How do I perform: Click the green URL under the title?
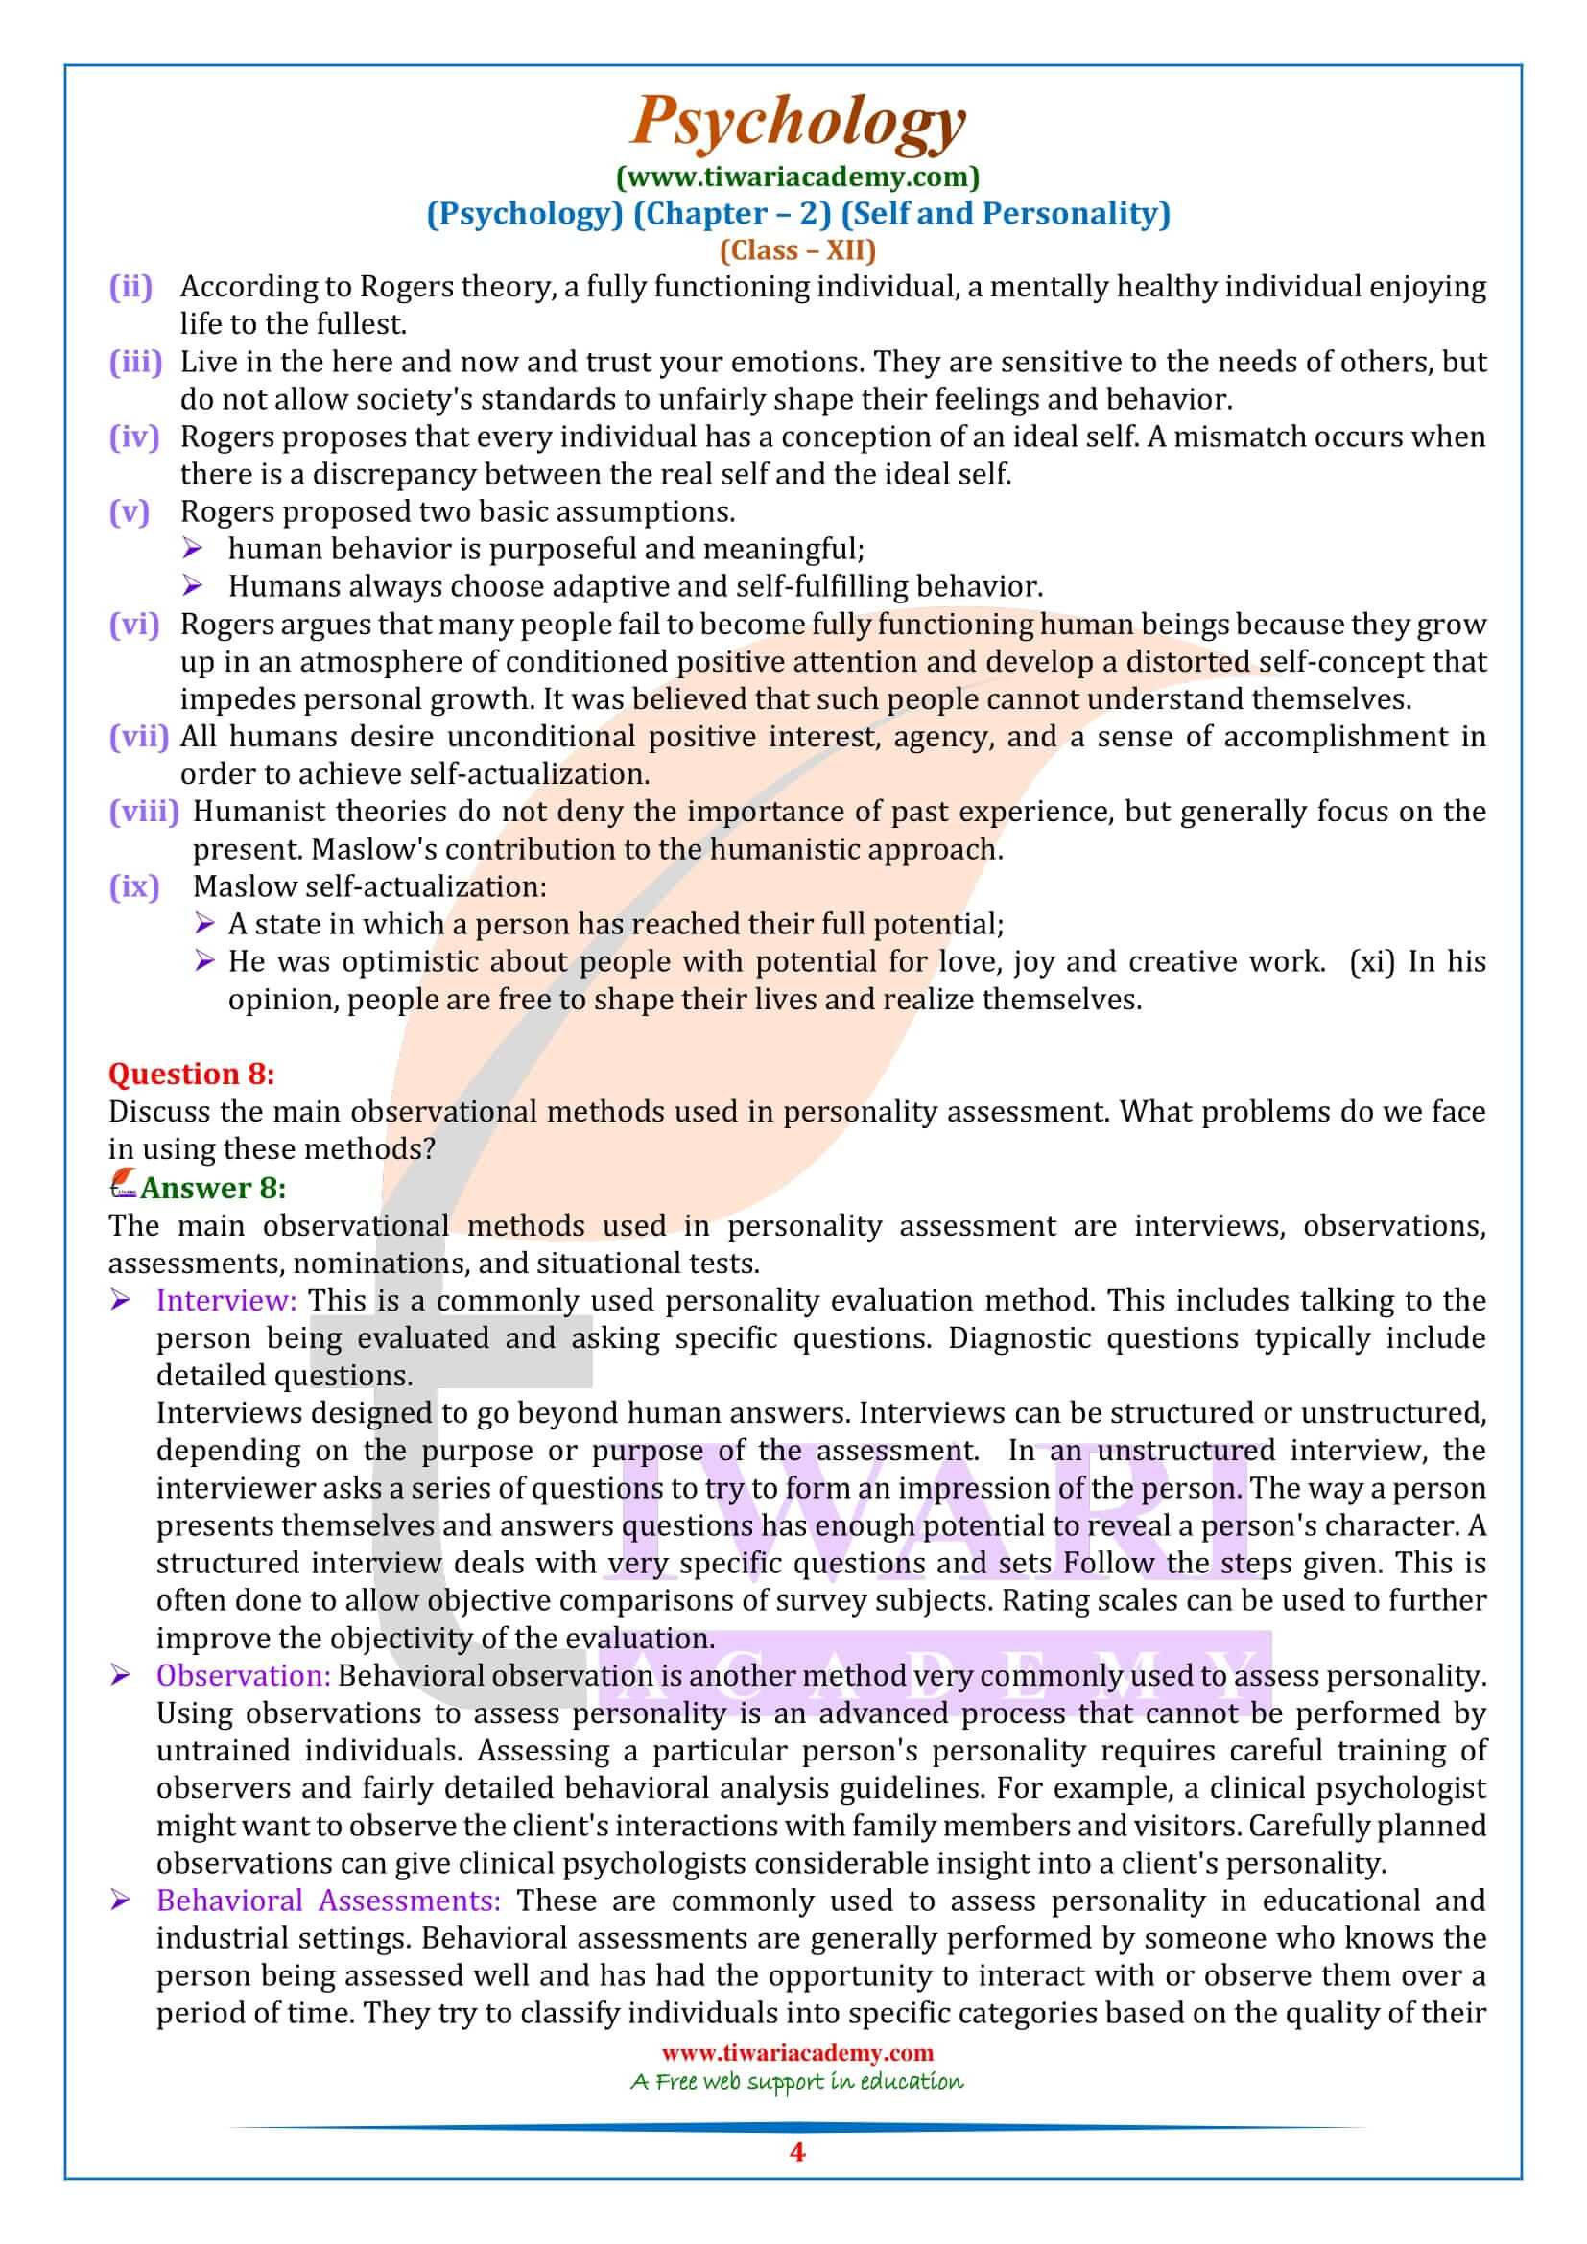point(797,177)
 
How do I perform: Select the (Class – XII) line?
point(797,250)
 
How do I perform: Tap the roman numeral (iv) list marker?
point(134,437)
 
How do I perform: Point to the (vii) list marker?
point(139,737)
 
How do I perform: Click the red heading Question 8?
point(192,1075)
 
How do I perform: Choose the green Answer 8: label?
point(213,1189)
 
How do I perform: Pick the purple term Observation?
point(244,1676)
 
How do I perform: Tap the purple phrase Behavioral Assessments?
point(328,1901)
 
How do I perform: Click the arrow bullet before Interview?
point(121,1301)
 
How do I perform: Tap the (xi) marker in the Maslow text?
point(1372,961)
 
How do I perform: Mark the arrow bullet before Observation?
point(121,1676)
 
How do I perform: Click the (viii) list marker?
point(145,813)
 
